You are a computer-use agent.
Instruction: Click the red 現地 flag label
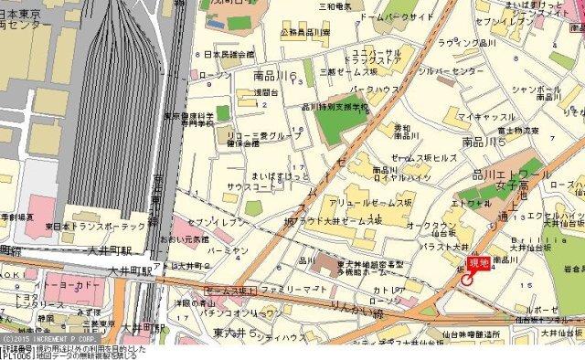click(478, 263)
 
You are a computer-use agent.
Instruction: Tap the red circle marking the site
click(467, 280)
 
